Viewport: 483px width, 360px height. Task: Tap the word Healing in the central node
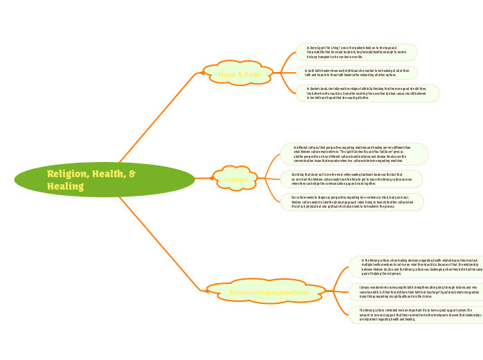65,186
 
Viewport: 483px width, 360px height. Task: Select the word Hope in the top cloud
227,74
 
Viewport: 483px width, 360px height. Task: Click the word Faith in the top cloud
252,74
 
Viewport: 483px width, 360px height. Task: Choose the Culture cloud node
236,180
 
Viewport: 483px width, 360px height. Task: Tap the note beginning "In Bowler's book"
367,93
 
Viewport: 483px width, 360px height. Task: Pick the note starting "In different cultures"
354,154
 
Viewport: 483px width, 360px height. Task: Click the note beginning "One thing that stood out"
351,179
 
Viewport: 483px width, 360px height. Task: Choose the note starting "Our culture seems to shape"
351,202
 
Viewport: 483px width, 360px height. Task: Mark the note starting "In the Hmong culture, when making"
414,267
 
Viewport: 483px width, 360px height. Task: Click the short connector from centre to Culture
204,179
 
